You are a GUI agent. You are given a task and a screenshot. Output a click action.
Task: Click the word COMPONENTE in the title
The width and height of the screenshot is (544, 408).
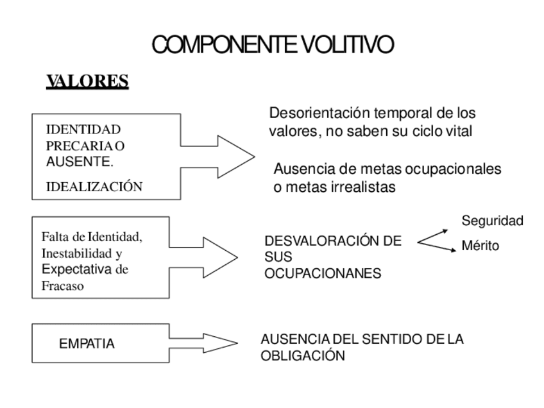coord(224,45)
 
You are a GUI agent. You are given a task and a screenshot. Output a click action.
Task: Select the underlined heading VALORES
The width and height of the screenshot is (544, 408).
coord(87,81)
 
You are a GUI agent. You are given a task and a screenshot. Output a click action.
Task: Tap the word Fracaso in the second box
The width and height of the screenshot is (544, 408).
coord(63,286)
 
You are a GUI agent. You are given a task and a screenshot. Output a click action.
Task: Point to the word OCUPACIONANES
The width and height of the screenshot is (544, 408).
coord(323,273)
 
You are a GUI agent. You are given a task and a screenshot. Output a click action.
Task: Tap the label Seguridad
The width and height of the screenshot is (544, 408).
coord(493,221)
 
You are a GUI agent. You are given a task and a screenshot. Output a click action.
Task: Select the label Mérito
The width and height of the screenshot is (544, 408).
coord(480,246)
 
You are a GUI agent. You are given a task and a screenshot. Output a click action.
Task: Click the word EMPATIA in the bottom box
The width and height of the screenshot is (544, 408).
coord(87,344)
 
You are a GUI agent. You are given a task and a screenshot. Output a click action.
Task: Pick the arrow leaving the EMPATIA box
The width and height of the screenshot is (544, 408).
coord(212,341)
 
